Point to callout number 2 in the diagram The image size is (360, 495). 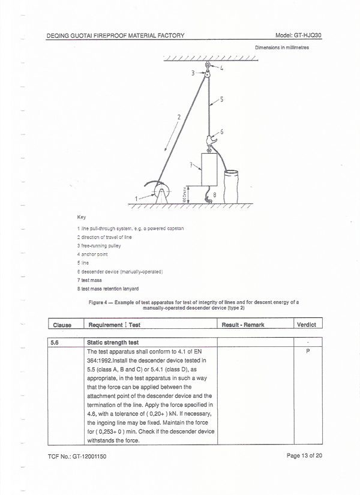(x=179, y=116)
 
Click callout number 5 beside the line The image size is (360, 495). (x=221, y=100)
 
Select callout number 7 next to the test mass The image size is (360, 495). (x=191, y=163)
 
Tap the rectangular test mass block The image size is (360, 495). (x=209, y=170)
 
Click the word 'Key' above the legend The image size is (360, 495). (x=82, y=217)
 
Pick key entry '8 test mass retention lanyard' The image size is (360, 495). (x=112, y=289)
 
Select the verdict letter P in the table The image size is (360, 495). (x=307, y=351)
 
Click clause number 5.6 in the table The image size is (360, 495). (x=55, y=342)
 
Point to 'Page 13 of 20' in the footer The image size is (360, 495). (x=305, y=456)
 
